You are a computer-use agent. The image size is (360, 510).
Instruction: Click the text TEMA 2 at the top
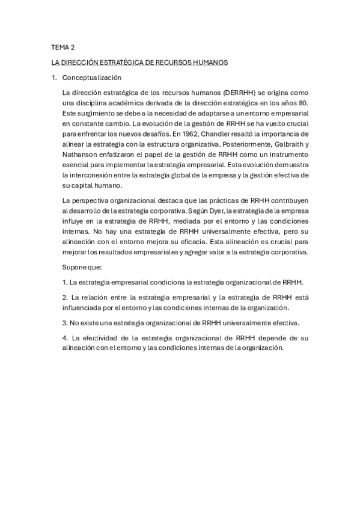[x=62, y=46]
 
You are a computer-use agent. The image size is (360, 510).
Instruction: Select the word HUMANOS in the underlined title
[x=209, y=62]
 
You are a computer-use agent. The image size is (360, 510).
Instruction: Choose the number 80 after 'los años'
[x=304, y=103]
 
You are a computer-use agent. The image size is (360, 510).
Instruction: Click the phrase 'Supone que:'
[x=82, y=266]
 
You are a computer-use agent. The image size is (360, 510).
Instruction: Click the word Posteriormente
[x=225, y=144]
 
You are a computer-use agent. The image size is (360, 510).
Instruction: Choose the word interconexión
[x=96, y=174]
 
